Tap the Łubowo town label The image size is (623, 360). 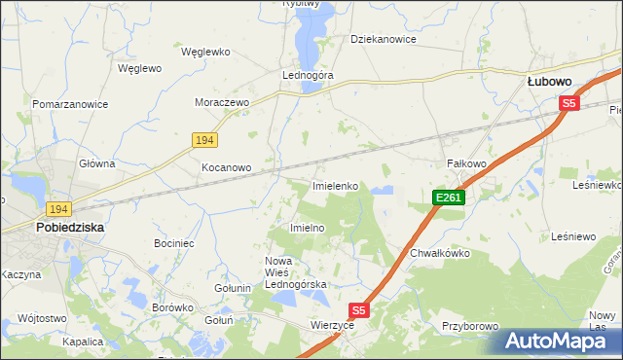(548, 83)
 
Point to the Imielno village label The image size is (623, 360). (307, 227)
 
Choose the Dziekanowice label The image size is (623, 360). (384, 40)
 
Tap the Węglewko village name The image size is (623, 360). (204, 52)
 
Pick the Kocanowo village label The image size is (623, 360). (226, 167)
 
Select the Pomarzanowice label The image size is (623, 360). (69, 103)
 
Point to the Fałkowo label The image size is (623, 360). (465, 163)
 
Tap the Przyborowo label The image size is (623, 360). (469, 327)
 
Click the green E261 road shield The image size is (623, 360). (449, 198)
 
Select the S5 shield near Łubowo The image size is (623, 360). (569, 103)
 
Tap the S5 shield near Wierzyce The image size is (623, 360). (359, 310)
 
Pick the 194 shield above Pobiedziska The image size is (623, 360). (57, 209)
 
